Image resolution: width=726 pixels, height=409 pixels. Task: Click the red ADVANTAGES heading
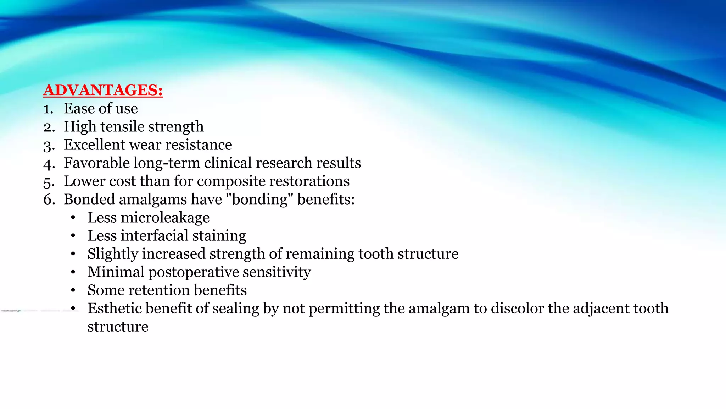[103, 90]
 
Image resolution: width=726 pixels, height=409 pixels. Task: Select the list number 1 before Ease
[48, 109]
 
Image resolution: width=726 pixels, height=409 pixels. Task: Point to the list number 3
[49, 146]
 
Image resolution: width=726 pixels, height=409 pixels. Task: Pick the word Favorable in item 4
[96, 163]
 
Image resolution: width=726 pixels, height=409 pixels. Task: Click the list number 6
[49, 200]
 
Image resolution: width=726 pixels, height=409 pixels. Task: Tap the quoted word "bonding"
[259, 200]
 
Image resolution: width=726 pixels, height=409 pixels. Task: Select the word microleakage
[165, 218]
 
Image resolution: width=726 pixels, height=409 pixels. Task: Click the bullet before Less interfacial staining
[73, 236]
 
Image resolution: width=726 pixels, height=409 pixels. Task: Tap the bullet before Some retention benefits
[73, 290]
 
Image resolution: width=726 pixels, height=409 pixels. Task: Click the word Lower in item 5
[84, 181]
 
